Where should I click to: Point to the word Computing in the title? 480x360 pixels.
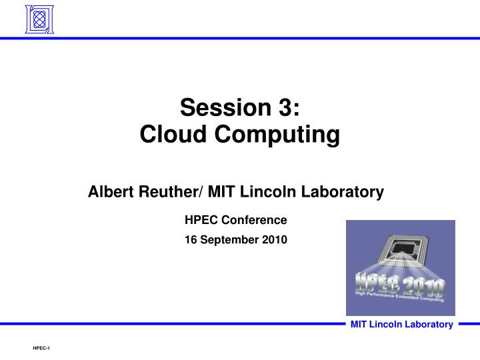tap(276, 135)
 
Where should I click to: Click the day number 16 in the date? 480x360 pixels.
tap(190, 241)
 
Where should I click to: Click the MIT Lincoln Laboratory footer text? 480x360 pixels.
tap(401, 325)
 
